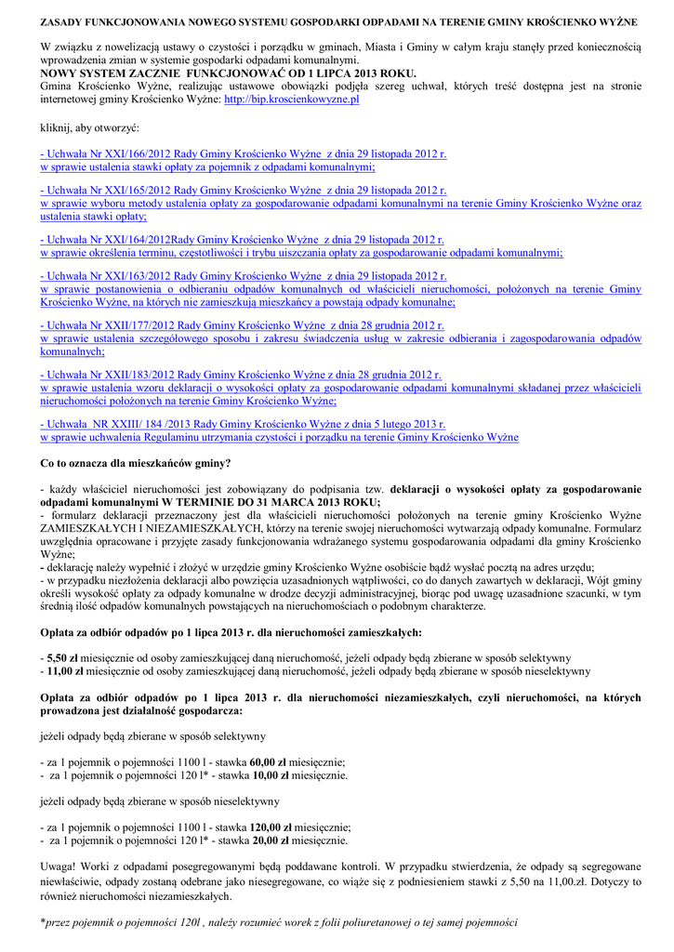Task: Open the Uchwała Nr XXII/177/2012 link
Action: click(243, 326)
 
